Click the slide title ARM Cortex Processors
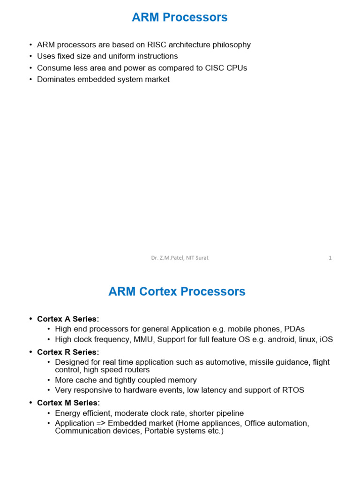coord(177,292)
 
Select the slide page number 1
coord(330,258)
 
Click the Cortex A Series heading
coord(68,319)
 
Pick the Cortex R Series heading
coord(68,352)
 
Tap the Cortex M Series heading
coord(68,403)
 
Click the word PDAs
coord(294,329)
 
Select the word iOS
coord(326,339)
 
